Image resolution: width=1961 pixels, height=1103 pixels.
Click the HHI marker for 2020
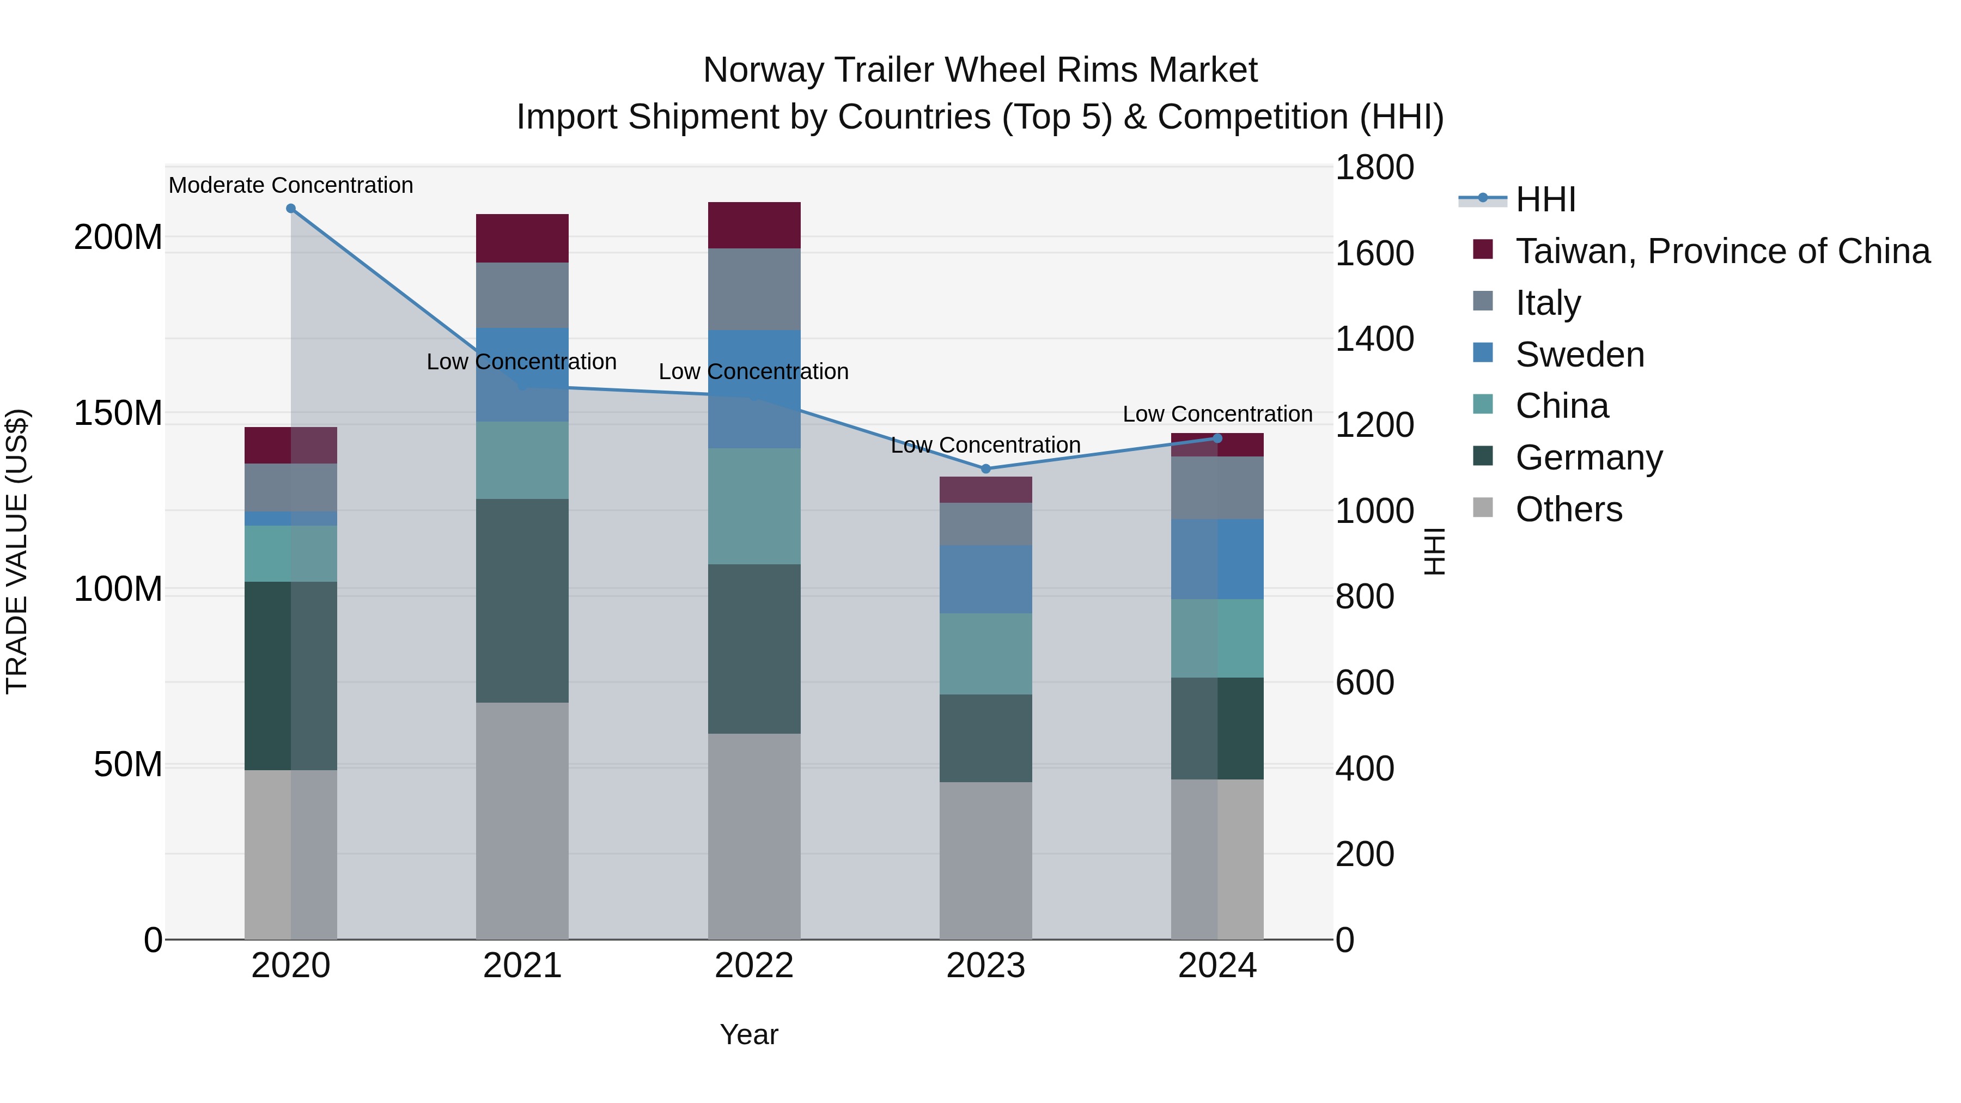click(x=291, y=209)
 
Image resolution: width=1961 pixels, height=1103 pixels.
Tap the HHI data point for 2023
click(x=986, y=469)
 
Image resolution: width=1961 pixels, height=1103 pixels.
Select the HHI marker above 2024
click(x=1217, y=438)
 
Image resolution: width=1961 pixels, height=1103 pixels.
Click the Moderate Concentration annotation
click(x=291, y=185)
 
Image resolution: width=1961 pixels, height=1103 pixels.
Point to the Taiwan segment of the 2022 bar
click(x=754, y=226)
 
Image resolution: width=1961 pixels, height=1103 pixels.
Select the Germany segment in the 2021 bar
click(x=522, y=601)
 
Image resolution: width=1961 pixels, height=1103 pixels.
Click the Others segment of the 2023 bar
click(x=986, y=860)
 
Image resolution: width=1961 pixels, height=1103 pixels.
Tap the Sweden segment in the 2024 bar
click(x=1217, y=559)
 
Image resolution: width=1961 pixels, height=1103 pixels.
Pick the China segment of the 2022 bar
click(x=754, y=506)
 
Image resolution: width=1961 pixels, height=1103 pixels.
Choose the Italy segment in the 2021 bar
click(x=522, y=295)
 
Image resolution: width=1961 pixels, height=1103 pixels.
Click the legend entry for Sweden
click(x=1580, y=355)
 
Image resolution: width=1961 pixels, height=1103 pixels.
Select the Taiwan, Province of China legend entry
click(x=1722, y=251)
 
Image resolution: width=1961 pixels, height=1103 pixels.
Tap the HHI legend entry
click(x=1545, y=199)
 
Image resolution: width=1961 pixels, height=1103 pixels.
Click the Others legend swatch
click(x=1483, y=508)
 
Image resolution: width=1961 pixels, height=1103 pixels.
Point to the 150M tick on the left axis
click(x=118, y=413)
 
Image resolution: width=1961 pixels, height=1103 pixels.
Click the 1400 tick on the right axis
click(x=1374, y=339)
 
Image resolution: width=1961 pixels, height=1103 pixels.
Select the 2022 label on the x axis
click(x=754, y=966)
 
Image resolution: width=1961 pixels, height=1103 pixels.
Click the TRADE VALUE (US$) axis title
click(x=17, y=551)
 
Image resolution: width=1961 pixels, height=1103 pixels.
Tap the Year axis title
click(x=749, y=1034)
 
